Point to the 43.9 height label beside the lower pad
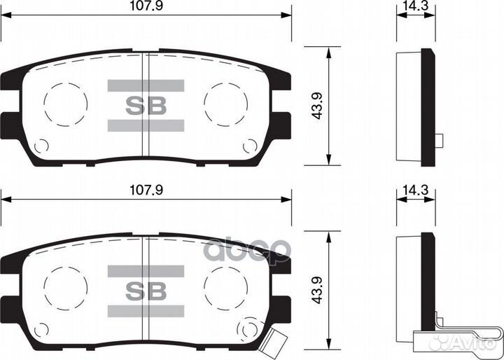[317, 291]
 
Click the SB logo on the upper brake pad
[146, 106]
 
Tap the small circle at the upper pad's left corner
[41, 146]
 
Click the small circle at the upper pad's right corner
[249, 146]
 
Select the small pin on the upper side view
[440, 140]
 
